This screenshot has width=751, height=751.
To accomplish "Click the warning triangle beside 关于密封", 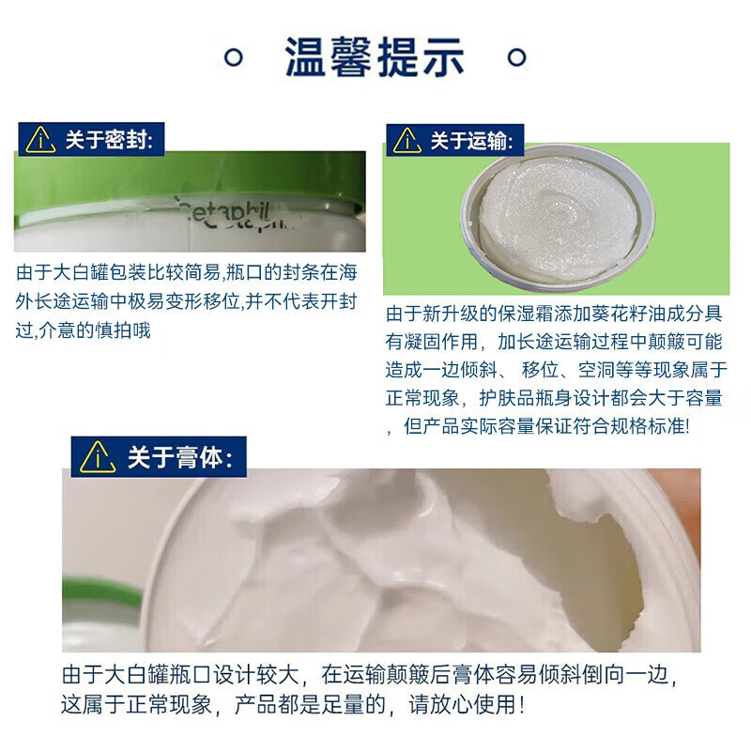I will [x=40, y=140].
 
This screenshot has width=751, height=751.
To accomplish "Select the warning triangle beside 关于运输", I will [x=406, y=141].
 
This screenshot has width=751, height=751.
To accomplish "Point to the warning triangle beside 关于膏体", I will [x=98, y=457].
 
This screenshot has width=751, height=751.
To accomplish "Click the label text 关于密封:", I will [x=114, y=140].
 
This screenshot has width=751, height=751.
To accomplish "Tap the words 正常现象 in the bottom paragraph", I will [x=176, y=703].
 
